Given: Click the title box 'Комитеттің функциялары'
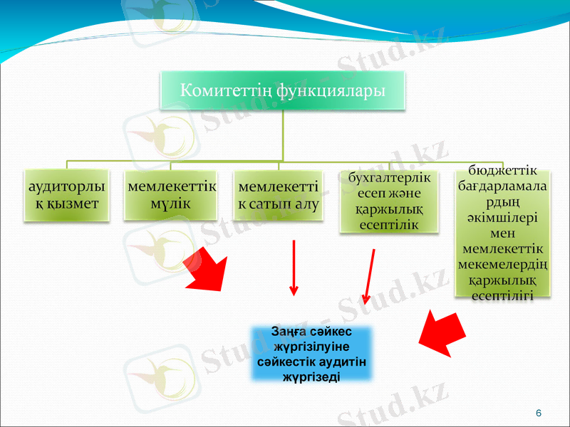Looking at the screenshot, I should tap(282, 90).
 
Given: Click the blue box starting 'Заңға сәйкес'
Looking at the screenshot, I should tap(311, 354).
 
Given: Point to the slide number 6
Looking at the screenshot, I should tap(538, 413).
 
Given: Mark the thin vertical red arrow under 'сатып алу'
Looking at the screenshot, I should tap(294, 267).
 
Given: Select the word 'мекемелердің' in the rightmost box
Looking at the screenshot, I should tap(504, 265).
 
